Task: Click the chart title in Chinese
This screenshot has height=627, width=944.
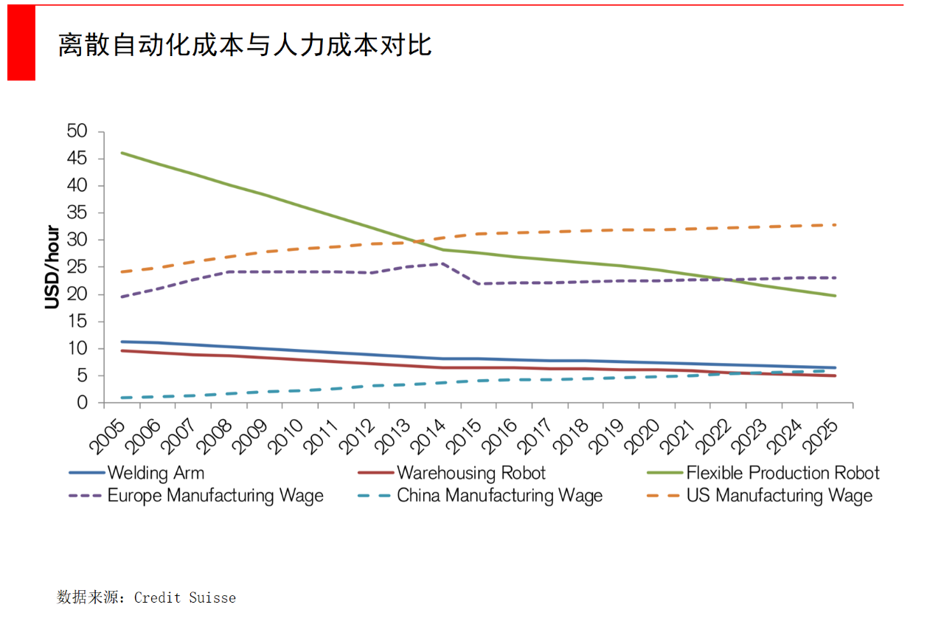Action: pyautogui.click(x=245, y=46)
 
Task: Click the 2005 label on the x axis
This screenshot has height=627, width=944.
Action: pyautogui.click(x=108, y=432)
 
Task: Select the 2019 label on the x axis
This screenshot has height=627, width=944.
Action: pyautogui.click(x=607, y=432)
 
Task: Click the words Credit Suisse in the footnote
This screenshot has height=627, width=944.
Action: pyautogui.click(x=184, y=597)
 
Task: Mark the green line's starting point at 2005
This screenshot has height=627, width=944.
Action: pyautogui.click(x=122, y=153)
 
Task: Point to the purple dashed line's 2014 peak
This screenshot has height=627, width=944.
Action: pyautogui.click(x=442, y=263)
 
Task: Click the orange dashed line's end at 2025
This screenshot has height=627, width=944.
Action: pyautogui.click(x=835, y=225)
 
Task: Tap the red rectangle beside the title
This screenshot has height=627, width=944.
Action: pyautogui.click(x=21, y=43)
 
